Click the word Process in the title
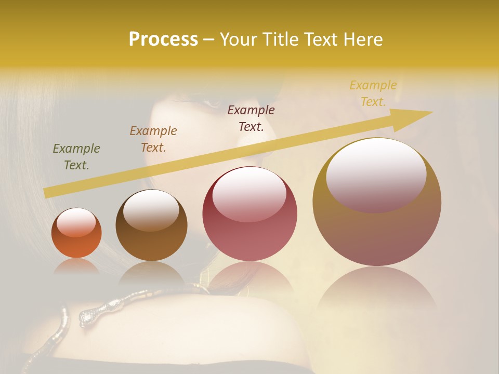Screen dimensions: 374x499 pyautogui.click(x=163, y=39)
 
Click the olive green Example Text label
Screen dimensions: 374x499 pyautogui.click(x=76, y=157)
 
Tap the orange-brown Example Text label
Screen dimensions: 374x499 pyautogui.click(x=153, y=139)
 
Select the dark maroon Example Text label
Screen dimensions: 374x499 pyautogui.click(x=251, y=118)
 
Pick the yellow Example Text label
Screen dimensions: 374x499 pyautogui.click(x=373, y=94)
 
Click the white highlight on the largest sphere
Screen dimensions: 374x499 pyautogui.click(x=376, y=174)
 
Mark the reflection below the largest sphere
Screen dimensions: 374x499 pyautogui.click(x=377, y=291)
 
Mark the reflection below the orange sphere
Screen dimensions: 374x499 pyautogui.click(x=76, y=266)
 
